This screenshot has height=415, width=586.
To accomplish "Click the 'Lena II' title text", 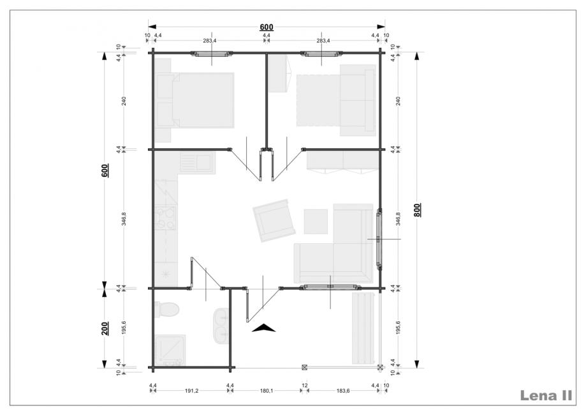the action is (x=546, y=396).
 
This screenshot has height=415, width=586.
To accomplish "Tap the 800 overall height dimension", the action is (x=418, y=210).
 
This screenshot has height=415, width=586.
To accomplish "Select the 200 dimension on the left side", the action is (x=105, y=329).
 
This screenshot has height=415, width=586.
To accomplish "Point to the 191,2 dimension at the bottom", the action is (x=191, y=391).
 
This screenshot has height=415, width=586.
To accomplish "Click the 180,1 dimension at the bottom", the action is (x=267, y=391).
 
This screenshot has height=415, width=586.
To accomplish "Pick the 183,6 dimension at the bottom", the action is (x=343, y=391).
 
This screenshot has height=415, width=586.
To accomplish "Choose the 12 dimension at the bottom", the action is (x=305, y=385).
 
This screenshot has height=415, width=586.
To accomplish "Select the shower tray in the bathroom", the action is (x=170, y=350).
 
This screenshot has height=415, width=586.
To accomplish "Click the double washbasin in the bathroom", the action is (x=221, y=326).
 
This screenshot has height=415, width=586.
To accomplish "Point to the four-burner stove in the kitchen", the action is (x=165, y=218).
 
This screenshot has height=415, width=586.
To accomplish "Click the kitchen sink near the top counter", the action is (x=197, y=162).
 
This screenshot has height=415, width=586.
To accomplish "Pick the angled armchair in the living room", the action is (x=274, y=220).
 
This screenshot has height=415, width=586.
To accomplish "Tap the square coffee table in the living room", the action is (x=316, y=222).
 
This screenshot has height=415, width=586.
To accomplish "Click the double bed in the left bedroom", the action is (x=194, y=100).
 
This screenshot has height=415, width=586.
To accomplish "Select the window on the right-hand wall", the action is (x=379, y=239).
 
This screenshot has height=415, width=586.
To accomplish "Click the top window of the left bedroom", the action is (x=212, y=54).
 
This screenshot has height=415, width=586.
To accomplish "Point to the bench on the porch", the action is (x=363, y=328).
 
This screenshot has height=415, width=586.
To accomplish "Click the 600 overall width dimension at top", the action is (x=267, y=27).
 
